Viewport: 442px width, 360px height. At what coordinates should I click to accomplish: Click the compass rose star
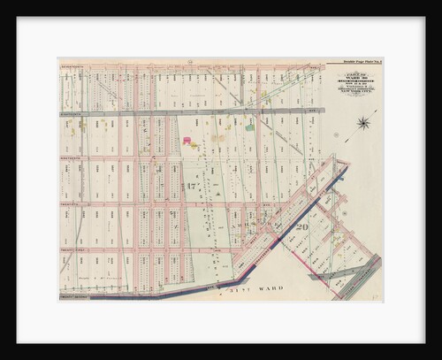click(363, 124)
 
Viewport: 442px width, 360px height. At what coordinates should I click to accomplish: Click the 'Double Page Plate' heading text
click(361, 61)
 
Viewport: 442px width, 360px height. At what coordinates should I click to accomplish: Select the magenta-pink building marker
click(187, 140)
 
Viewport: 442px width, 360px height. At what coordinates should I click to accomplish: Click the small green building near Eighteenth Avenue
click(250, 127)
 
